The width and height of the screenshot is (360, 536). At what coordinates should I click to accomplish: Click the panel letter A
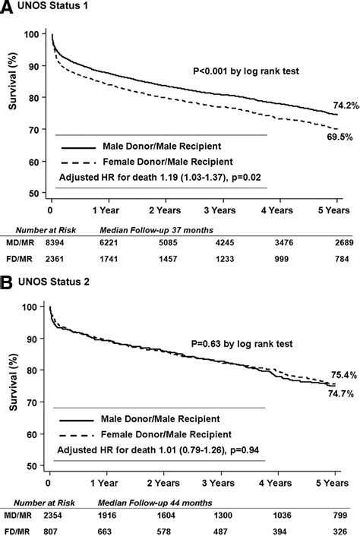pos(8,8)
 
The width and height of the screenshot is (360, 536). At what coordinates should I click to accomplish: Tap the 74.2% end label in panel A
pos(342,104)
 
